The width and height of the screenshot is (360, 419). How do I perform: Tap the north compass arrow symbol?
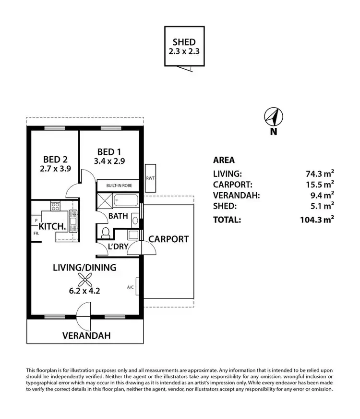pyautogui.click(x=274, y=116)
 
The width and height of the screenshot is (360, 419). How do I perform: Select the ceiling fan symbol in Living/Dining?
pyautogui.click(x=84, y=280)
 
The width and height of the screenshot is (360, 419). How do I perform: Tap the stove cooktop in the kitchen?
pyautogui.click(x=56, y=207)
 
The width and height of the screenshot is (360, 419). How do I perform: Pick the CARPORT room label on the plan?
pyautogui.click(x=168, y=239)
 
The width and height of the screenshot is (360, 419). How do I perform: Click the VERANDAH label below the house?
pyautogui.click(x=86, y=335)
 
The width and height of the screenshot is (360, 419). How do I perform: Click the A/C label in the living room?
pyautogui.click(x=130, y=288)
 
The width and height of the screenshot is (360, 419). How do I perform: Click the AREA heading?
pyautogui.click(x=224, y=160)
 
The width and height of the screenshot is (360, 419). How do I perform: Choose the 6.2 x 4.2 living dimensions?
pyautogui.click(x=84, y=290)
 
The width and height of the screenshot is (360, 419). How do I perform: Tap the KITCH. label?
pyautogui.click(x=52, y=226)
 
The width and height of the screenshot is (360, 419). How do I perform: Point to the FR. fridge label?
pyautogui.click(x=36, y=234)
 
